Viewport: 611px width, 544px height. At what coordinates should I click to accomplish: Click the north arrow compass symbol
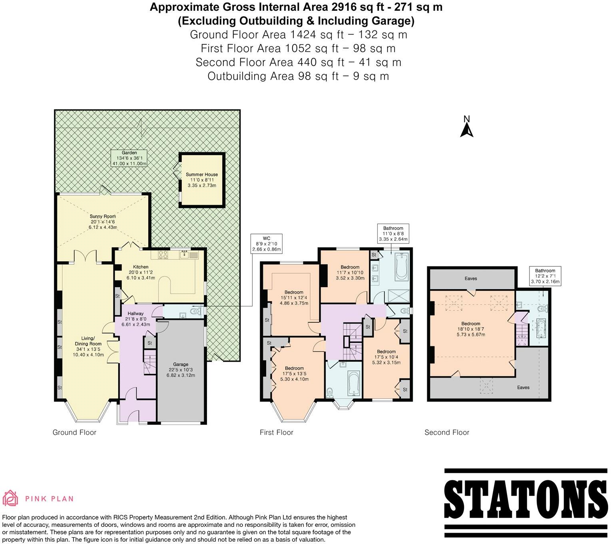466,127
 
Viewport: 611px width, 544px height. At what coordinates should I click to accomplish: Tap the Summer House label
202,180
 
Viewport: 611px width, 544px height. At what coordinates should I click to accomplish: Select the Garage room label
181,370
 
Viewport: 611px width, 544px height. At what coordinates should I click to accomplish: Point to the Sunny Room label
103,222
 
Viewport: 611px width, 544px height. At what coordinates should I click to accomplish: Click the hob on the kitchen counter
163,254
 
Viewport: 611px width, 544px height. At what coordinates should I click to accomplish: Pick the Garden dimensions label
129,158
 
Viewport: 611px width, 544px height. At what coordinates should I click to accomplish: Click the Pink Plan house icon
11,498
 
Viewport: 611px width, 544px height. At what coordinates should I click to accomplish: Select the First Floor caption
276,432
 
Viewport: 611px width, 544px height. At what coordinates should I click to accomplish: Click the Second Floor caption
447,432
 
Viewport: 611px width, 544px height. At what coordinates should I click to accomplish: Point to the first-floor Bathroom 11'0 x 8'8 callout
393,234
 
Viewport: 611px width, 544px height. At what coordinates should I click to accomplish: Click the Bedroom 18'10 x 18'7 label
471,329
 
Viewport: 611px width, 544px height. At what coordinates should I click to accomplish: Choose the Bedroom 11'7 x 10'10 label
350,272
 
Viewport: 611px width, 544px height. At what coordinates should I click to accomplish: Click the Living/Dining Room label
88,346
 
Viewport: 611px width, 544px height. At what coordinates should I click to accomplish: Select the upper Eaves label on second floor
471,278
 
